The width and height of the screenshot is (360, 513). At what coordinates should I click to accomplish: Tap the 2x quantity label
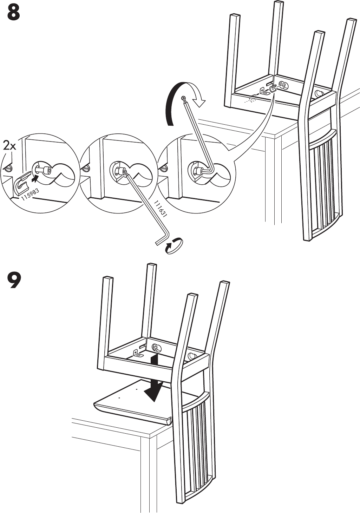pyautogui.click(x=9, y=145)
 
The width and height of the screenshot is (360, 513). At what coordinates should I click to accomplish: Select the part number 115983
pyautogui.click(x=30, y=194)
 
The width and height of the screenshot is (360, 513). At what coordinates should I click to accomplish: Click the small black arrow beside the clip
pyautogui.click(x=34, y=179)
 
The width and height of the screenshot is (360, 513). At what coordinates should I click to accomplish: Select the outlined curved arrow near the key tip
pyautogui.click(x=199, y=100)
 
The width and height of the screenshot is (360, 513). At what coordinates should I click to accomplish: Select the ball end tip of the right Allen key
pyautogui.click(x=182, y=99)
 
